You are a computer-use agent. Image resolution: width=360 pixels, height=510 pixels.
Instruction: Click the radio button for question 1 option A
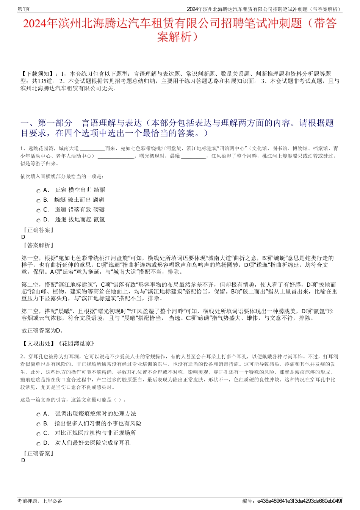coord(38,191)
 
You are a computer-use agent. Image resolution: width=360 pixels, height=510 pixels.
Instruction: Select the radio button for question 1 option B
coord(38,201)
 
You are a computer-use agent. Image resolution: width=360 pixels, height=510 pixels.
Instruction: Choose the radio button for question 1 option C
coord(38,211)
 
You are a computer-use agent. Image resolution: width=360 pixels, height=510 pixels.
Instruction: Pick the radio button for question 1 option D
coord(38,221)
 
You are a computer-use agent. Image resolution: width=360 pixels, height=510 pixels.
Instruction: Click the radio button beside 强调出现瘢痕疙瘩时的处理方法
coord(38,415)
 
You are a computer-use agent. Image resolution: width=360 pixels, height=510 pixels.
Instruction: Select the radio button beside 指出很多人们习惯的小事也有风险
coord(38,425)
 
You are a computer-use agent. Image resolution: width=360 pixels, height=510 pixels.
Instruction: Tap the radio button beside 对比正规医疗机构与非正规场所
coord(38,434)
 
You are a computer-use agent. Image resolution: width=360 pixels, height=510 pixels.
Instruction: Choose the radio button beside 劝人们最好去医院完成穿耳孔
coord(38,444)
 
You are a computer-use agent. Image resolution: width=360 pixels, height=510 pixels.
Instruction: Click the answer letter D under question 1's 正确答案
coord(23,237)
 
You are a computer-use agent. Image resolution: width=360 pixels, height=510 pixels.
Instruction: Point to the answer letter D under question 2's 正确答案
coord(23,460)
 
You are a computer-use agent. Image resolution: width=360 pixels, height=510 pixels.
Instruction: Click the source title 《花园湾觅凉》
coord(76,344)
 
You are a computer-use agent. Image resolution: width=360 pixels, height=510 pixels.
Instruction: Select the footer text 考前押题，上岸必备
coord(40,501)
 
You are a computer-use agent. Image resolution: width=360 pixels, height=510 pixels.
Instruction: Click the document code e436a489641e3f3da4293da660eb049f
coord(299,501)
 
